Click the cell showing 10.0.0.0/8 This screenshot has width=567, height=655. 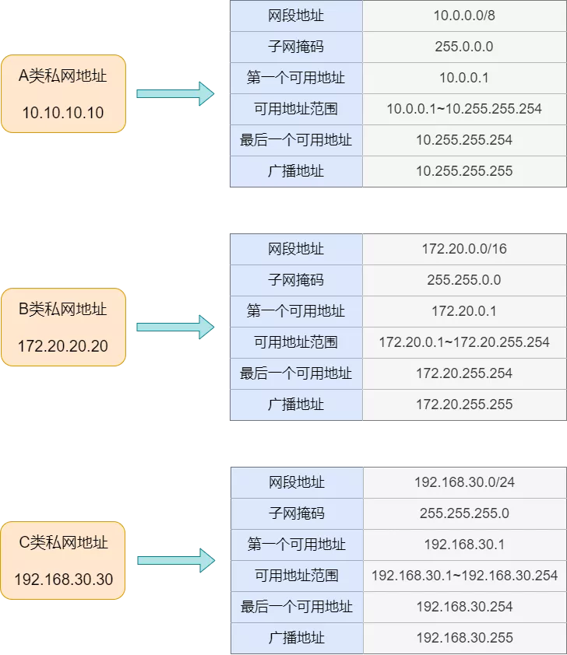464,16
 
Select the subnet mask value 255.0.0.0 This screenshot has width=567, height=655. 464,47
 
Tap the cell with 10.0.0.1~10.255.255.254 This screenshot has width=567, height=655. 464,109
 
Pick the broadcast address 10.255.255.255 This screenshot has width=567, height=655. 464,171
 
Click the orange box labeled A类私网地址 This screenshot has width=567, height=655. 63,93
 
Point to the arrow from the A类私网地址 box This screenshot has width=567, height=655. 175,93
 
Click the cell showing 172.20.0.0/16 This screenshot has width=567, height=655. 464,249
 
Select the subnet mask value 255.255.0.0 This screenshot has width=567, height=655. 464,280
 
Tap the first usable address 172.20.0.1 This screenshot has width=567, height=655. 464,311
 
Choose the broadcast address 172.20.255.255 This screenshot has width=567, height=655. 464,405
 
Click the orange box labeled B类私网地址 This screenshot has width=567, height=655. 63,327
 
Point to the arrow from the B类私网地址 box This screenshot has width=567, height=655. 175,327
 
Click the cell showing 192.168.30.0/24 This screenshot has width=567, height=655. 464,482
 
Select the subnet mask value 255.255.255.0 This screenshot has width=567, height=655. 464,513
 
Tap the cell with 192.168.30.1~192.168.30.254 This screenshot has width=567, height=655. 464,576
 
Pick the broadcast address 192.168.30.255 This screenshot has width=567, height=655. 464,638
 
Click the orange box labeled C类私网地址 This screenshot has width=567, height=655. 63,560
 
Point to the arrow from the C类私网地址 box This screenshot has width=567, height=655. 175,560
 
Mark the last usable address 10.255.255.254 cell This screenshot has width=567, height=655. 464,140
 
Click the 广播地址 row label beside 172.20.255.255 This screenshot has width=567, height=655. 296,405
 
